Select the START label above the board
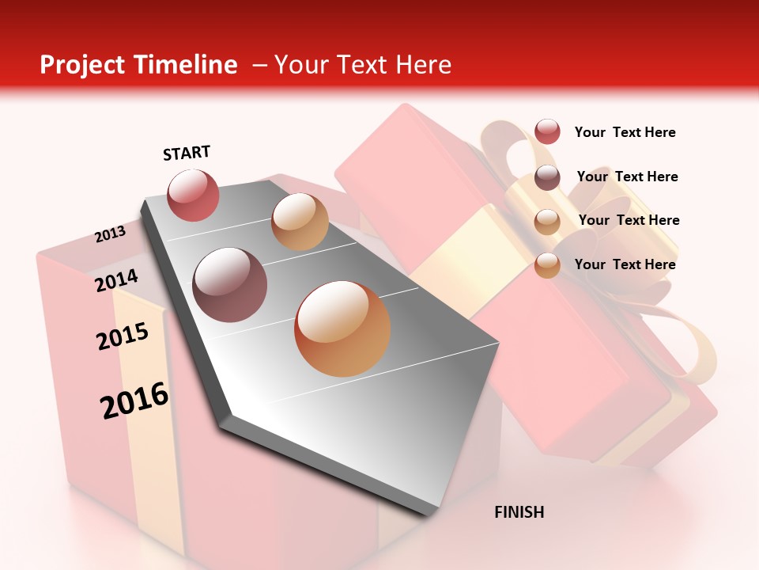click(187, 153)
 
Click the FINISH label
click(519, 512)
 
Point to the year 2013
click(111, 234)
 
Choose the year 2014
click(117, 280)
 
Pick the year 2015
click(123, 336)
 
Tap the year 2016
click(134, 401)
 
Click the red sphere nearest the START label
click(193, 195)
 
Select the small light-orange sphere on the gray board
click(300, 222)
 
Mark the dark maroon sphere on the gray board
click(230, 285)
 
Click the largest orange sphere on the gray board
click(342, 329)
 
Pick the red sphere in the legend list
click(547, 131)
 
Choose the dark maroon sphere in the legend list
click(547, 177)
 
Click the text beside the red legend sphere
click(625, 132)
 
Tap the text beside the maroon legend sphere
click(627, 177)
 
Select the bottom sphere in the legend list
click(547, 265)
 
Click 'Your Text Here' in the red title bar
click(362, 65)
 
